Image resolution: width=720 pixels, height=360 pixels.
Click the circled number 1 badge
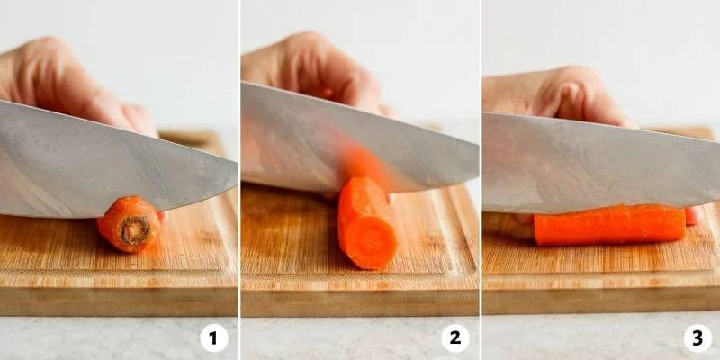tap(214, 338)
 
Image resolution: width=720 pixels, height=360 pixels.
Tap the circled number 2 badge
tap(455, 338)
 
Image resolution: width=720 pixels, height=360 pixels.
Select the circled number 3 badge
tap(697, 338)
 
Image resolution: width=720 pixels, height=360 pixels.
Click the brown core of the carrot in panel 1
tap(136, 229)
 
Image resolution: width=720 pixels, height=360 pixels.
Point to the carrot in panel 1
tap(130, 224)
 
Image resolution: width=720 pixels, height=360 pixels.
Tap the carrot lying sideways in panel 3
tap(610, 225)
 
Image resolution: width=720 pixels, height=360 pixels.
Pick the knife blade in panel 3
tap(597, 163)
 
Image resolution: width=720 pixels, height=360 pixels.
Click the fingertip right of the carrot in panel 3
tap(692, 216)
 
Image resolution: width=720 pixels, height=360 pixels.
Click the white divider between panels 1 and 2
tap(239, 180)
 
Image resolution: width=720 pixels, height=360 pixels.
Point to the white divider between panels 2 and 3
tap(481, 180)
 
